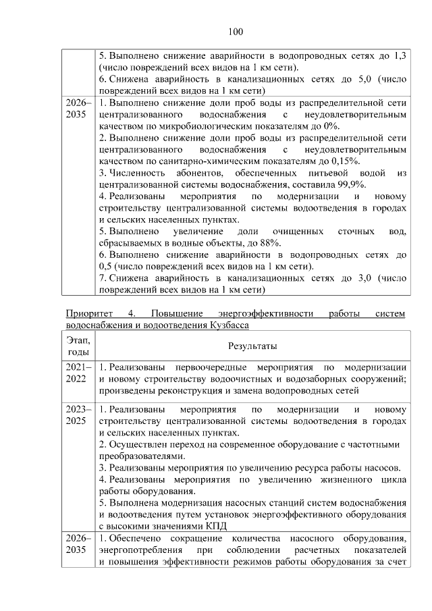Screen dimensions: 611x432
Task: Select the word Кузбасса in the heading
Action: point(227,325)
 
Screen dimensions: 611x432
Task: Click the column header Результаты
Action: point(252,346)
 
